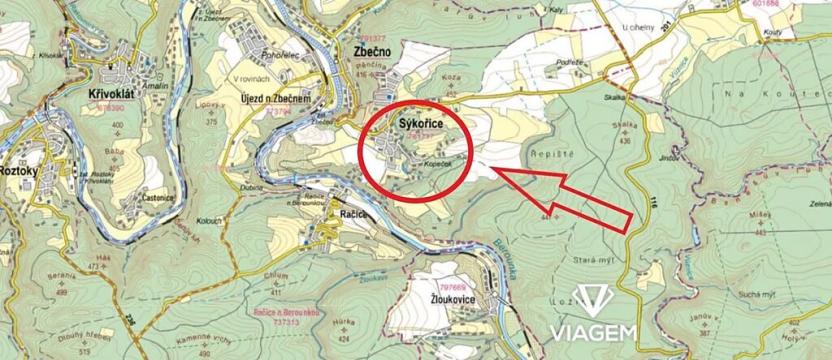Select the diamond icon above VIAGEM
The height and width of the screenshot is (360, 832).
click(596, 298)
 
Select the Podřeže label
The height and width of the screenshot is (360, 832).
click(572, 62)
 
